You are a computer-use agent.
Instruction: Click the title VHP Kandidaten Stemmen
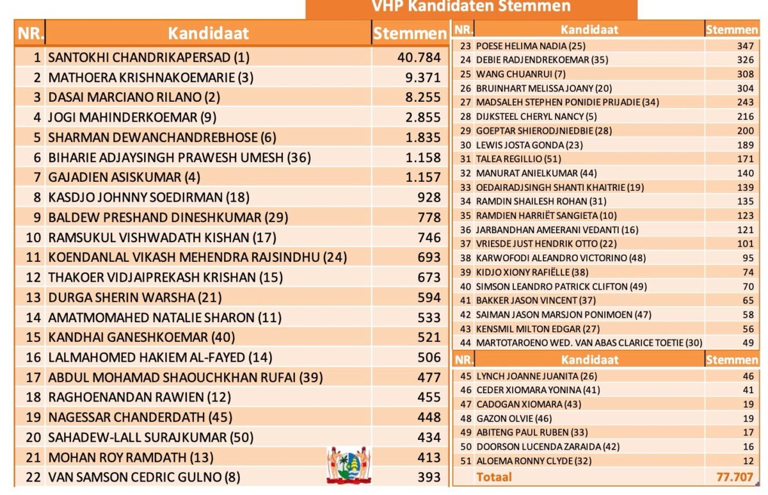click(x=471, y=7)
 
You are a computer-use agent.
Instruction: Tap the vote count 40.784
click(x=419, y=58)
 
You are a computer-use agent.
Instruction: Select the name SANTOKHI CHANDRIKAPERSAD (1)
click(x=148, y=58)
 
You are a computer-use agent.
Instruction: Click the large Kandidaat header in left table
click(x=208, y=33)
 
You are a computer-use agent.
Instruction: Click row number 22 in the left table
click(x=33, y=477)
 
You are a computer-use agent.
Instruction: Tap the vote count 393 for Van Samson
click(x=429, y=477)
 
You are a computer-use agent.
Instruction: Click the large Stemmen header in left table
click(x=410, y=33)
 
